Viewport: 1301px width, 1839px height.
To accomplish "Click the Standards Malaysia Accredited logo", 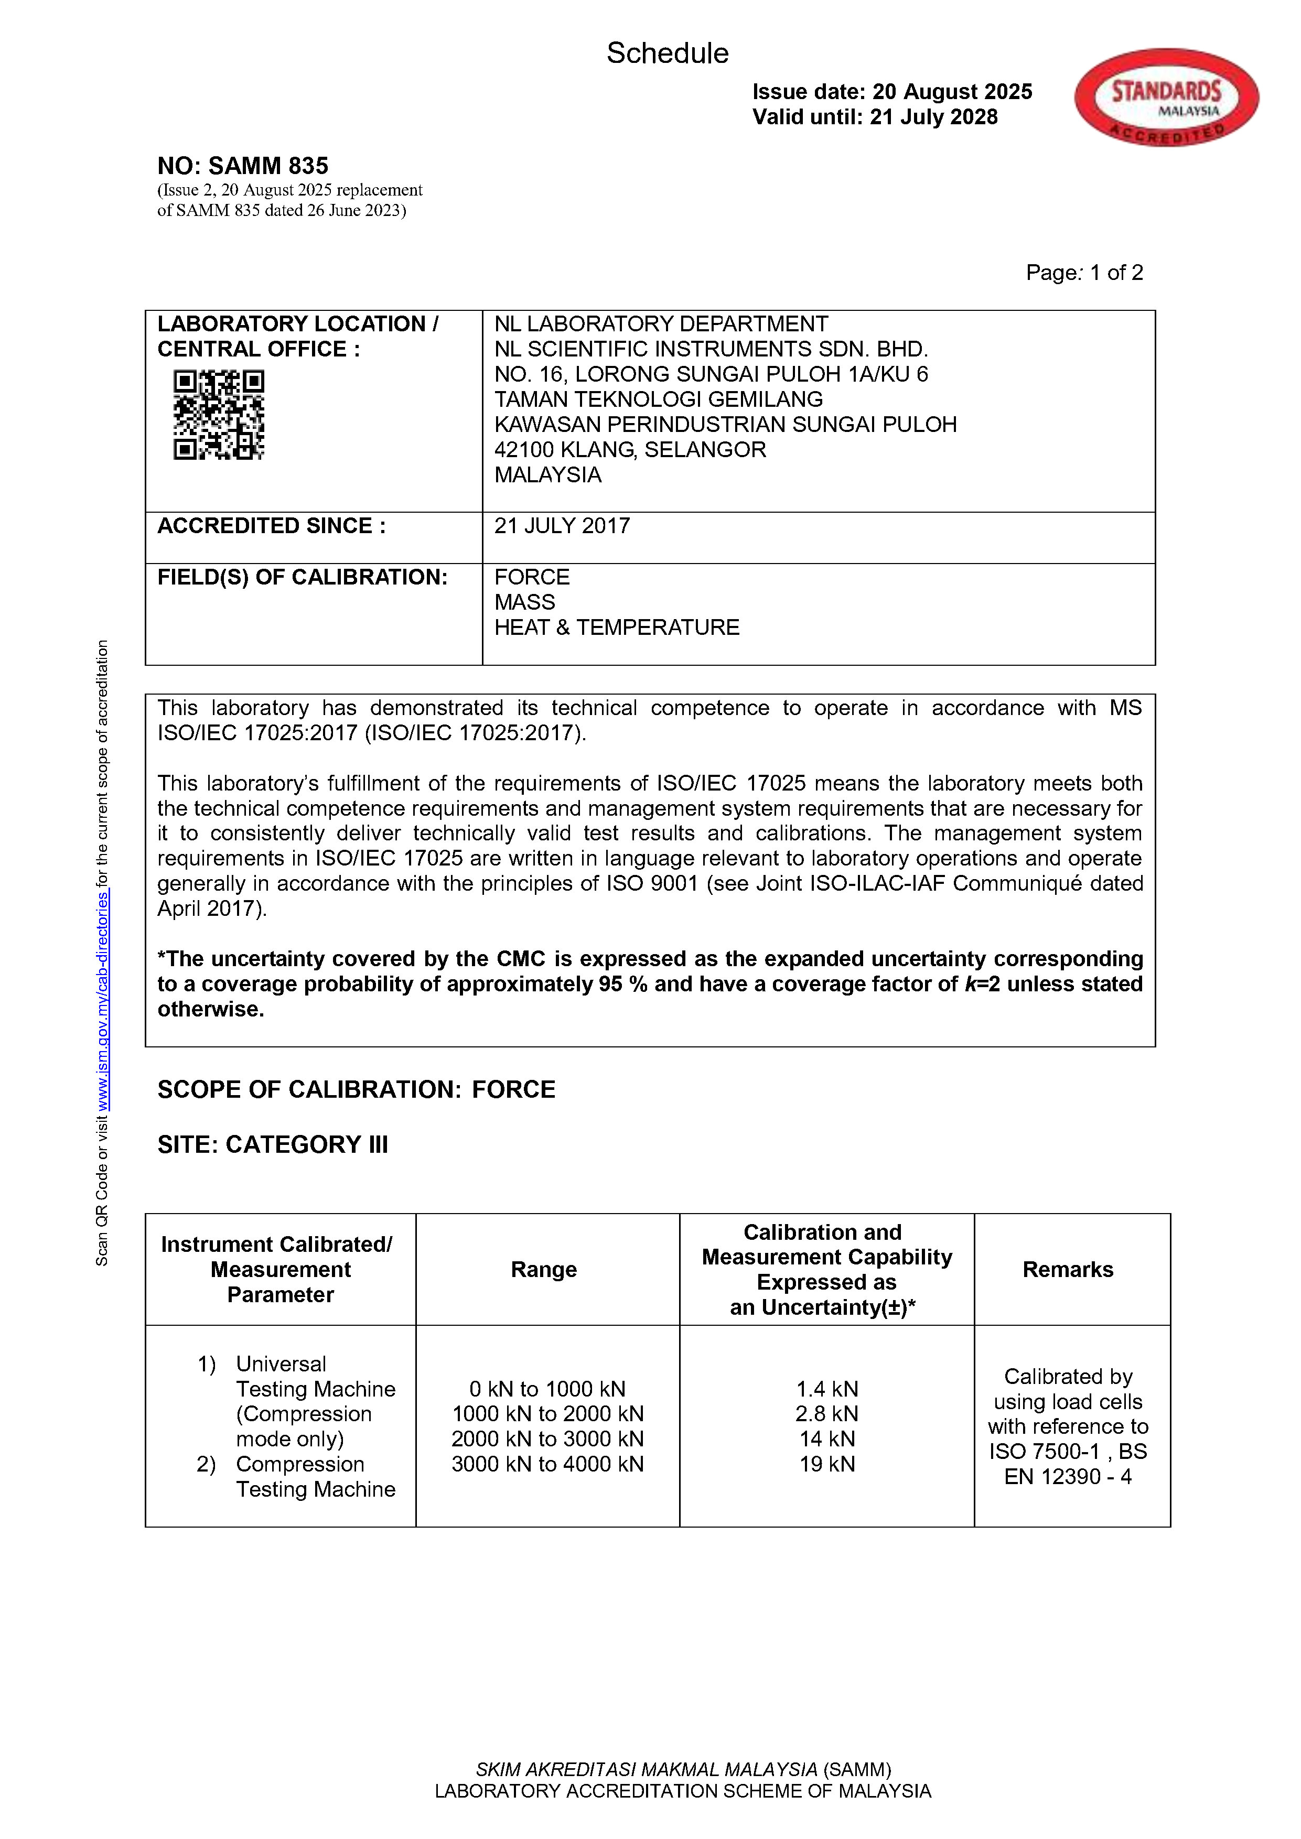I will click(1166, 98).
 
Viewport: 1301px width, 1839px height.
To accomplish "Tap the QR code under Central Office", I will click(219, 414).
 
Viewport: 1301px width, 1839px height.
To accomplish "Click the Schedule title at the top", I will click(668, 53).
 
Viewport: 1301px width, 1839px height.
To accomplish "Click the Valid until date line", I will click(875, 117).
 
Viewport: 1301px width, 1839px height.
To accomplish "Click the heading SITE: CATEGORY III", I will click(272, 1144).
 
